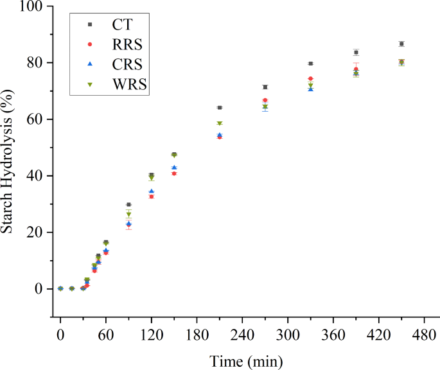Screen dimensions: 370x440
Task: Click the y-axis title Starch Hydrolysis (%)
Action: click(11, 162)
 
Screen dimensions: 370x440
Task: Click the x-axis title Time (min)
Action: click(245, 361)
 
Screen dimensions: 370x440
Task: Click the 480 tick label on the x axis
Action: click(423, 335)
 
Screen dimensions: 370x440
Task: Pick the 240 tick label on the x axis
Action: click(242, 335)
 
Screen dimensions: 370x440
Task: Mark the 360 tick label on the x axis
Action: click(332, 335)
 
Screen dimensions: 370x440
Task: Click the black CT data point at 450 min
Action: click(401, 44)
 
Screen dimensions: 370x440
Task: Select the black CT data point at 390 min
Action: click(356, 52)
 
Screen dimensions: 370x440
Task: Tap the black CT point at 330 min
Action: click(310, 64)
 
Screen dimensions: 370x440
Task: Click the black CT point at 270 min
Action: click(265, 87)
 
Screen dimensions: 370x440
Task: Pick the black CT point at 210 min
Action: click(220, 107)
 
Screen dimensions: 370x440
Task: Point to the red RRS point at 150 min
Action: click(174, 173)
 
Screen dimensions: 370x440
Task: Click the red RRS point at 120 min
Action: click(152, 197)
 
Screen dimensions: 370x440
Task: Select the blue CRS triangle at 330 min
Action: click(310, 89)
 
